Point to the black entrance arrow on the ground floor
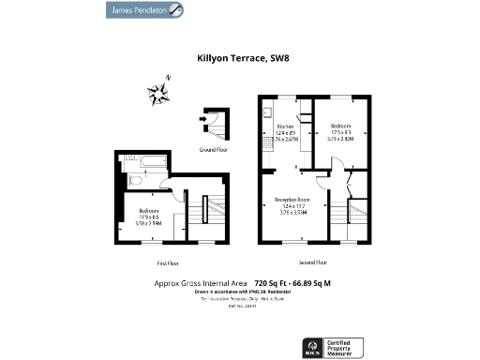203,119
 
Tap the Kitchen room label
285,126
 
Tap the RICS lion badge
312,347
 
